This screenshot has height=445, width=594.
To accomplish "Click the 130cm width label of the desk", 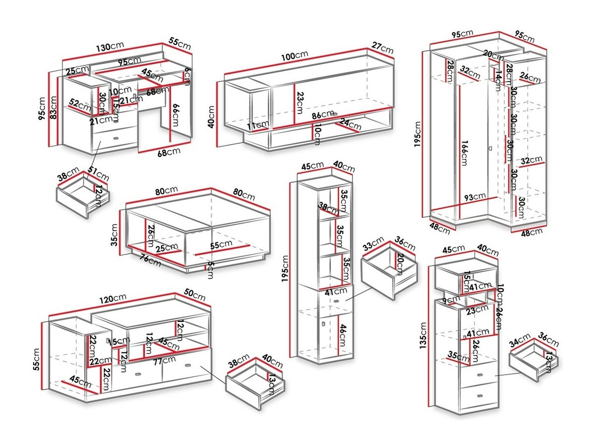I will [x=110, y=47].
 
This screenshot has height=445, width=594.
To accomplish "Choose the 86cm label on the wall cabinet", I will [x=324, y=114].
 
